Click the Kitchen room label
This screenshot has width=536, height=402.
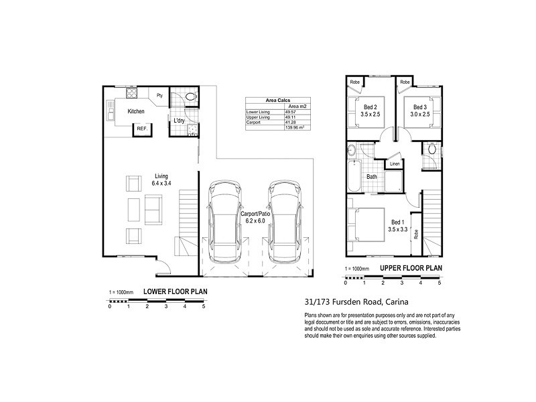136,111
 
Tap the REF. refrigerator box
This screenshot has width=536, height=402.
142,128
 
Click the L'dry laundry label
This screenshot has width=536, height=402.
180,121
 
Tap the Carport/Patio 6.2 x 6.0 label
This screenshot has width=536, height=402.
255,216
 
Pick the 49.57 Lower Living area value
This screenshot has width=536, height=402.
292,112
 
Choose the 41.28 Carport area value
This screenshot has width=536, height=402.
292,122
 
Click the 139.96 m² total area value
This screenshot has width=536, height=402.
295,127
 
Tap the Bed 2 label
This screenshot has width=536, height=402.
371,111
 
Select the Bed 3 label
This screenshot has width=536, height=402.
420,111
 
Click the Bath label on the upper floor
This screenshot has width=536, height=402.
372,178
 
